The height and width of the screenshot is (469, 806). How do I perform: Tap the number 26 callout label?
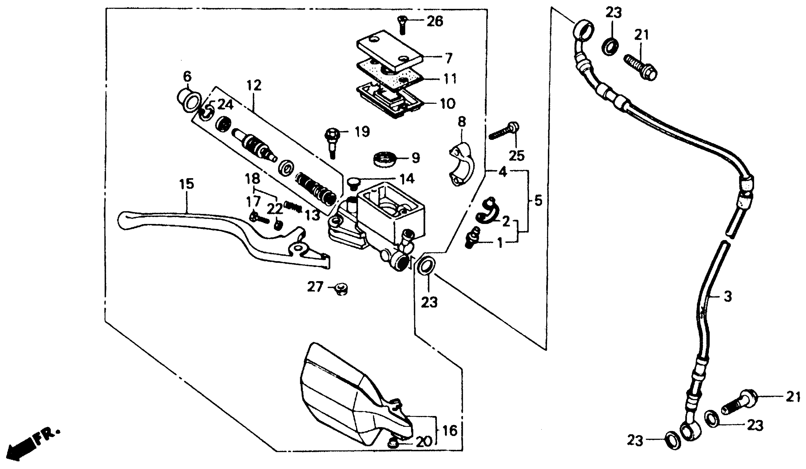(435, 22)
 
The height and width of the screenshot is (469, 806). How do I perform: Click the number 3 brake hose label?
(727, 297)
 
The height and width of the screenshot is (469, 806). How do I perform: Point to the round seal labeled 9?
(385, 159)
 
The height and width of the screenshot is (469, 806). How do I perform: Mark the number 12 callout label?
(254, 86)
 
